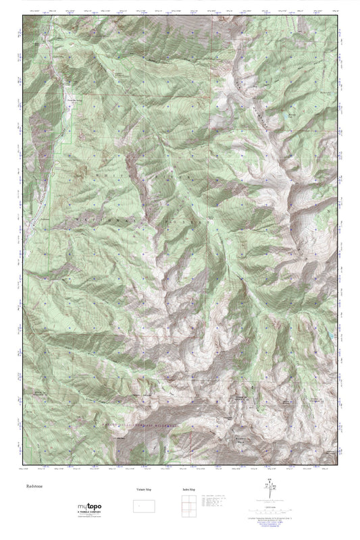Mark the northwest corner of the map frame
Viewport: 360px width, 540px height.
coord(22,18)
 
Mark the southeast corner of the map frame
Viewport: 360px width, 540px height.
coord(337,464)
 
